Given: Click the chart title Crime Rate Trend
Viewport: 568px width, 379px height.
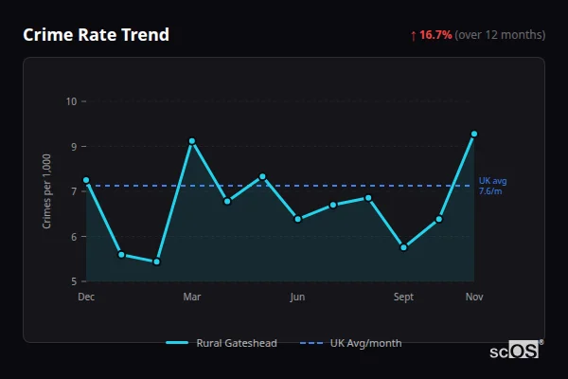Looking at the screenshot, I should [x=96, y=35].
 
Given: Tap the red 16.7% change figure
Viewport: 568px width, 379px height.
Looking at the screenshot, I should [x=435, y=35].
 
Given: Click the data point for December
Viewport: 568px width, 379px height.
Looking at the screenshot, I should [x=86, y=180].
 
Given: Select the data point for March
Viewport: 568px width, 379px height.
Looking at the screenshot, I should [x=192, y=141].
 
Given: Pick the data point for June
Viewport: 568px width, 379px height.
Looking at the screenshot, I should [x=298, y=219].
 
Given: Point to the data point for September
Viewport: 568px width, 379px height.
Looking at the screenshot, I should [x=404, y=247].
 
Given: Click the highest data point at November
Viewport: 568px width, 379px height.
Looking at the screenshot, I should [x=474, y=135].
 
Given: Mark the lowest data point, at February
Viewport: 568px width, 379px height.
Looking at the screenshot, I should [x=157, y=262].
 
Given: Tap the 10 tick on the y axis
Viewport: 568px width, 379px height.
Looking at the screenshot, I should [x=71, y=101].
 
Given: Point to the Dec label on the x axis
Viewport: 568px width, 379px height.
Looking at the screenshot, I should [x=86, y=298].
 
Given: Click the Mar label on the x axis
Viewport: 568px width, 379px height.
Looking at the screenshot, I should [x=192, y=298].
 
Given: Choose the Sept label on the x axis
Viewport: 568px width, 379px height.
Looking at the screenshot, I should [x=404, y=298].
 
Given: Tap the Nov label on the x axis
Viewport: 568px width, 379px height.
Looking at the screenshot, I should [x=474, y=298].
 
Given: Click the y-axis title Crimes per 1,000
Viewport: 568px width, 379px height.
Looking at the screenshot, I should [x=47, y=191].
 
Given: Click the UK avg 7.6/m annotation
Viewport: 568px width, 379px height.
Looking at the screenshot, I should [x=492, y=186].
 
